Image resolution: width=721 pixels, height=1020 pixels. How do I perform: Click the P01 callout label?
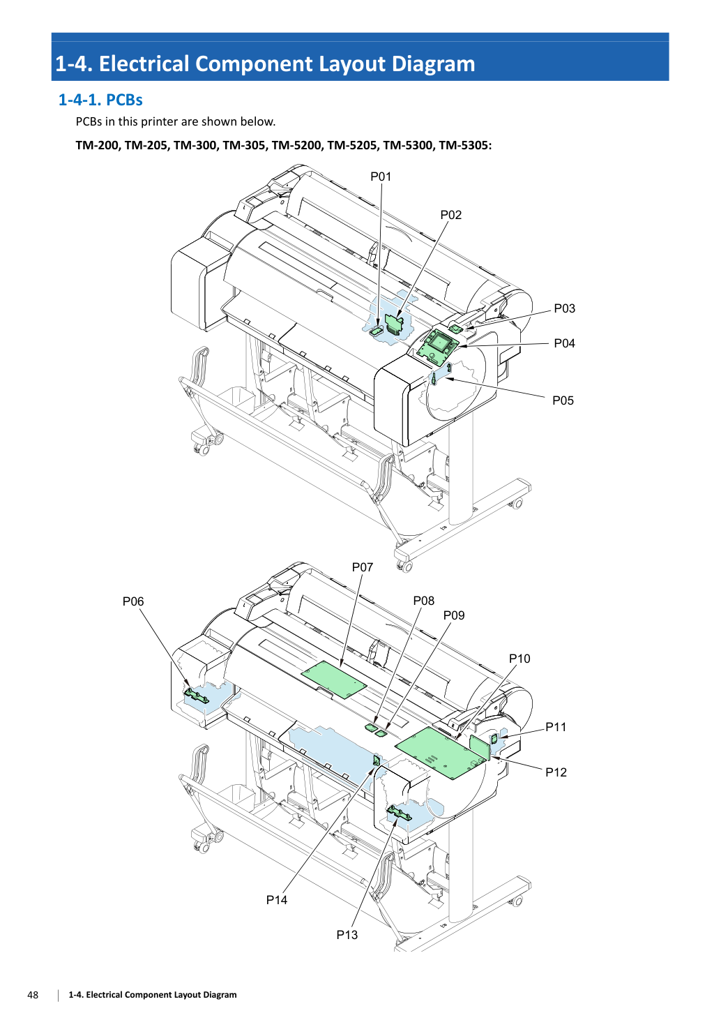381,177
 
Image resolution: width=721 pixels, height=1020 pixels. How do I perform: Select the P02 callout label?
450,215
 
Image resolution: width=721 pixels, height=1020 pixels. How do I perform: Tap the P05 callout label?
563,400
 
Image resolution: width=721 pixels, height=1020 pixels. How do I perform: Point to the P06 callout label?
133,601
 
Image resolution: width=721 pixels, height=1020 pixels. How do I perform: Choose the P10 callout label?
519,659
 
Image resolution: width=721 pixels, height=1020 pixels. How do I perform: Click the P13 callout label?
347,935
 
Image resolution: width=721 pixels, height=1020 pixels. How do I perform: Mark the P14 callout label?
277,900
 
